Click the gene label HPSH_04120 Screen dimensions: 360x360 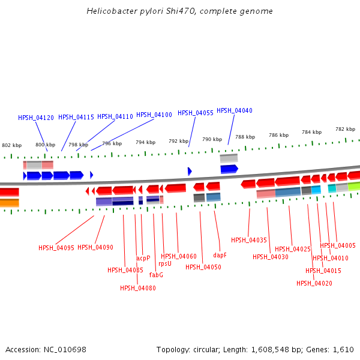point(36,118)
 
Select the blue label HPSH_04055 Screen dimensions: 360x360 point(196,113)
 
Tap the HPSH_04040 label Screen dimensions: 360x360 point(235,110)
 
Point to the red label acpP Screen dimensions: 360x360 point(143,258)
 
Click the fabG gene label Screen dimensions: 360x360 point(156,275)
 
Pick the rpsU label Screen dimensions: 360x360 point(165,263)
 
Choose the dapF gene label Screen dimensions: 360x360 point(220,255)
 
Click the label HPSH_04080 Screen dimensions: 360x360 point(138,288)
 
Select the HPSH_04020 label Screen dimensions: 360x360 point(314,283)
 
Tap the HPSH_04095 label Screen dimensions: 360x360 point(56,248)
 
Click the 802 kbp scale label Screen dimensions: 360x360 point(12,145)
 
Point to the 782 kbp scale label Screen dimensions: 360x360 point(346,129)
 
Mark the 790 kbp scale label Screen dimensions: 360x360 point(212,139)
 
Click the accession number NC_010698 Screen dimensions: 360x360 point(65,350)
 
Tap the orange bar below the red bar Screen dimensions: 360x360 point(10,203)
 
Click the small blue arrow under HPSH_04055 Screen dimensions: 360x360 point(190,171)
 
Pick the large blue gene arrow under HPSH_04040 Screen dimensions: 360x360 point(229,169)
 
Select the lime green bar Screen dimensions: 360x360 point(354,187)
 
